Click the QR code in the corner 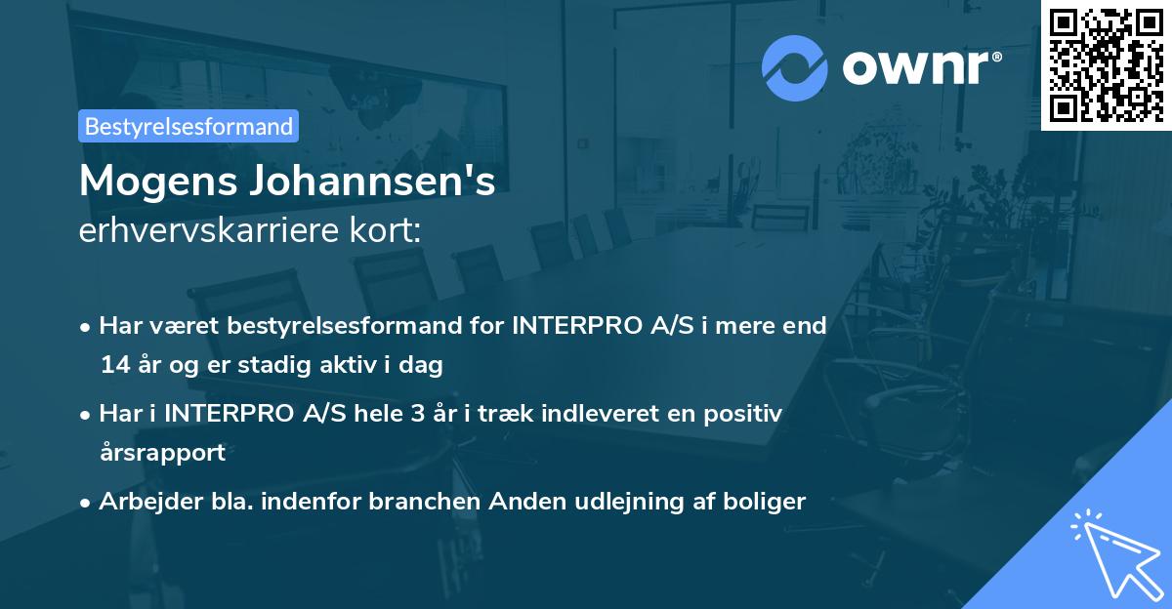click(x=1106, y=64)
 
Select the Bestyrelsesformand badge click(x=188, y=126)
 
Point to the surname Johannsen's click(x=383, y=182)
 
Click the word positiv click(x=745, y=413)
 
